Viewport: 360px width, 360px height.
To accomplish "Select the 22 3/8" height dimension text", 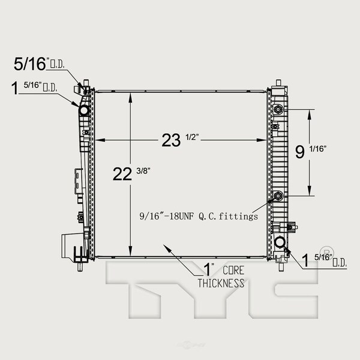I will pyautogui.click(x=133, y=175).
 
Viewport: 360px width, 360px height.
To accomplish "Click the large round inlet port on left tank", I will pyautogui.click(x=83, y=110).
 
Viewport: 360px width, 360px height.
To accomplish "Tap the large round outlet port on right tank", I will pyautogui.click(x=280, y=242).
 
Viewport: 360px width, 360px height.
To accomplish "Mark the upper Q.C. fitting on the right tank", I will pyautogui.click(x=279, y=110).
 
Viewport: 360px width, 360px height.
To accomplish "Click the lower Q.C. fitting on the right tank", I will pyautogui.click(x=279, y=194).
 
